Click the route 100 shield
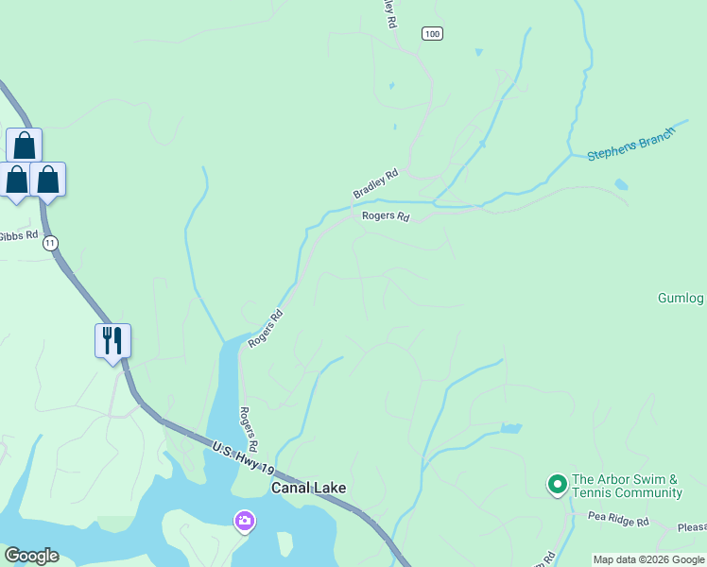pyautogui.click(x=432, y=34)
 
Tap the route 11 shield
pyautogui.click(x=50, y=243)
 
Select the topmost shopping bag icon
pyautogui.click(x=24, y=146)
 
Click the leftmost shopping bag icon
pyautogui.click(x=16, y=180)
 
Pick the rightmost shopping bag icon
pyautogui.click(x=48, y=180)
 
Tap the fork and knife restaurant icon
pyautogui.click(x=112, y=340)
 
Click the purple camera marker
pyautogui.click(x=245, y=521)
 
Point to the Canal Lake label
pyautogui.click(x=308, y=489)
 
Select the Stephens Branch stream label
pyautogui.click(x=631, y=143)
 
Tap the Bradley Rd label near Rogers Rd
pyautogui.click(x=376, y=183)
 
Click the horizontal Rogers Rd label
pyautogui.click(x=386, y=216)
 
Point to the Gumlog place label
pyautogui.click(x=681, y=299)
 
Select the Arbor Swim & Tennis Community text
pyautogui.click(x=627, y=486)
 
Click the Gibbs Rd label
pyautogui.click(x=18, y=235)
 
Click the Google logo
pyautogui.click(x=31, y=556)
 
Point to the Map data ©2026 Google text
pyautogui.click(x=648, y=559)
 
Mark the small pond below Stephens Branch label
pyautogui.click(x=621, y=185)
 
